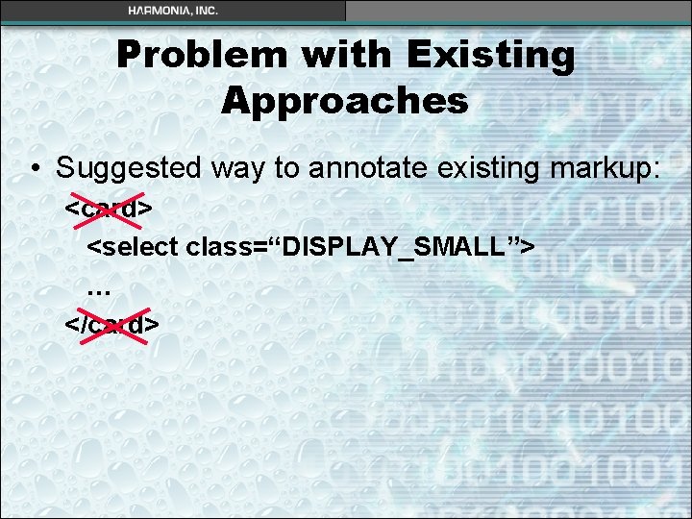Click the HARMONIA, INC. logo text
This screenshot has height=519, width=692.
tap(173, 11)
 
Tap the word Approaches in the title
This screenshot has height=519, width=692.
tap(345, 100)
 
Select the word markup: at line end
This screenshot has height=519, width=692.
tap(598, 168)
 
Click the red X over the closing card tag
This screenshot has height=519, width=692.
tap(112, 325)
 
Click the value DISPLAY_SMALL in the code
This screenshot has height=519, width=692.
tap(395, 246)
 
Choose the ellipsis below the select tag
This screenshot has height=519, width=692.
tap(98, 288)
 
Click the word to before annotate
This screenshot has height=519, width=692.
tap(286, 168)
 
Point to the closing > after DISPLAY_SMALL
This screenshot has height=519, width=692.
tap(528, 246)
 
